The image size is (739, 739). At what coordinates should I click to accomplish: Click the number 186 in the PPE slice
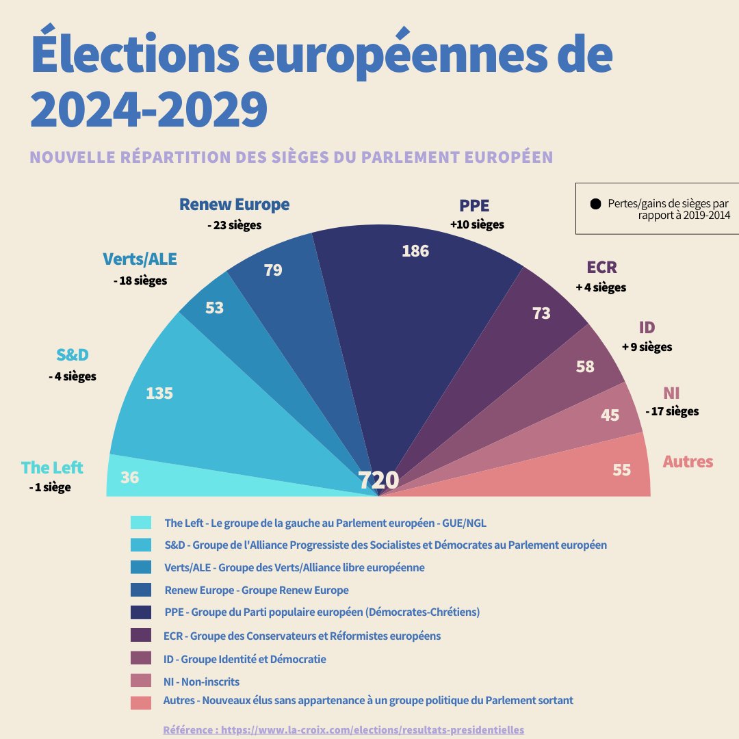415,251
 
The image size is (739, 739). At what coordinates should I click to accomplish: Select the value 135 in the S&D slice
159,393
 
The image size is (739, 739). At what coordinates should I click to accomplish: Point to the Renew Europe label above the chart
234,205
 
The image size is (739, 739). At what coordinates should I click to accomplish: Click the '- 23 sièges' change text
234,225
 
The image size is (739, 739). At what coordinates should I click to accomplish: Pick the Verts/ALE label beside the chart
140,259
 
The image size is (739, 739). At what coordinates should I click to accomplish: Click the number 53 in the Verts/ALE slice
215,308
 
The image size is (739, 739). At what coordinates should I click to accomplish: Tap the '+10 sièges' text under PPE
477,224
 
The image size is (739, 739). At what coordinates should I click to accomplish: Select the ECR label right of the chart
601,267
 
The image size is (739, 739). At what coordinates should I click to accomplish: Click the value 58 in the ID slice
585,366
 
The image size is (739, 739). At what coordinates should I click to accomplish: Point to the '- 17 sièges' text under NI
672,411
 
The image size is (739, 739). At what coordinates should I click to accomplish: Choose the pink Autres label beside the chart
688,462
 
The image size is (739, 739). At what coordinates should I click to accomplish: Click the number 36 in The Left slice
129,477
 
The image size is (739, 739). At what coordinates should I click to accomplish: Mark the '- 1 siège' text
50,488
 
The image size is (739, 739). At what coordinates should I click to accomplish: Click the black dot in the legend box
595,204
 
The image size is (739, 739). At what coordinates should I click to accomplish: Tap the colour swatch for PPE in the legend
140,612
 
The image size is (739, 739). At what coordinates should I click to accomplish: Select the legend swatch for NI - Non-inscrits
140,681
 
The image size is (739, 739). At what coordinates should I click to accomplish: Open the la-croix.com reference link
343,730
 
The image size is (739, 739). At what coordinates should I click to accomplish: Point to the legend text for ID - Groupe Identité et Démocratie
245,659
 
